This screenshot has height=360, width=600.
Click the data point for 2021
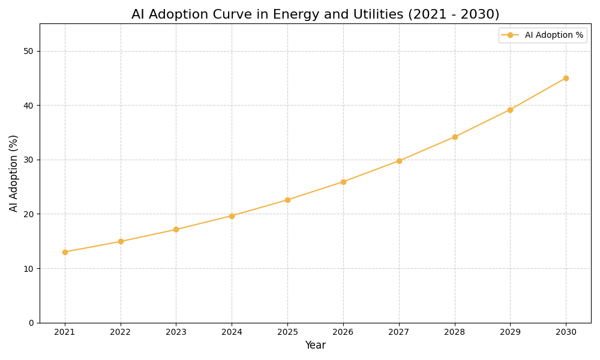point(65,252)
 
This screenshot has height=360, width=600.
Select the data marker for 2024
point(232,216)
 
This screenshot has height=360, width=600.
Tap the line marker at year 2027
point(399,161)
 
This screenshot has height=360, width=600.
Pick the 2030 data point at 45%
point(566,78)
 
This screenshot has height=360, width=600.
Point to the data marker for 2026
point(343,182)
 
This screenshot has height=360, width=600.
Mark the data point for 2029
point(510,110)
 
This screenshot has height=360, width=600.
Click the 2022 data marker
point(121,241)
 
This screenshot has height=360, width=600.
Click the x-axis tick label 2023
point(176,332)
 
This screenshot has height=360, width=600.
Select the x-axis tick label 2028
point(455,332)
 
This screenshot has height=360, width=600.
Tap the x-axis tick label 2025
point(287,332)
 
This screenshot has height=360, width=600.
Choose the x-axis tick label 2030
point(566,332)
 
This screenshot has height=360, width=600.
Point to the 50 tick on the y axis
point(29,51)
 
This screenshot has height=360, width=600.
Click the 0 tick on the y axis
point(31,323)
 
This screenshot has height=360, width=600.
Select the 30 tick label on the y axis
point(29,160)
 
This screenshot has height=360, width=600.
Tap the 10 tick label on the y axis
point(29,268)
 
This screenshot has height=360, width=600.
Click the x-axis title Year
point(315,346)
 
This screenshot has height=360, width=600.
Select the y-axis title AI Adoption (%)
point(14,173)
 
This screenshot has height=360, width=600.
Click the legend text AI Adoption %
point(554,35)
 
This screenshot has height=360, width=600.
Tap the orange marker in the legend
point(510,35)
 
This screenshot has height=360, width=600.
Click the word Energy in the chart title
point(295,15)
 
